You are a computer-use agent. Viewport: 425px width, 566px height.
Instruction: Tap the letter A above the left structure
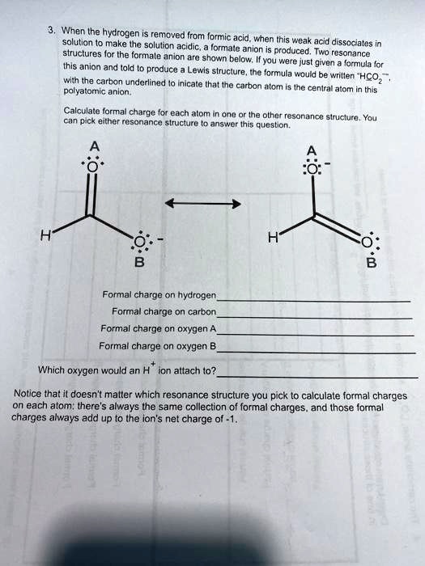coord(96,146)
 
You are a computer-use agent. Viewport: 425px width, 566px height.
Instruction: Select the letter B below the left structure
coord(139,261)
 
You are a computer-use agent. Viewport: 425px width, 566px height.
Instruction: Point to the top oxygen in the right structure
coord(311,170)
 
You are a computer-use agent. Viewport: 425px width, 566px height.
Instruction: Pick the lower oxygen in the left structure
coord(139,243)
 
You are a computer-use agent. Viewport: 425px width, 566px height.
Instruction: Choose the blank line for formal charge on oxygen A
coord(317,335)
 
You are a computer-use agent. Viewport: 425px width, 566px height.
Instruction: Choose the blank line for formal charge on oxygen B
coord(317,353)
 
